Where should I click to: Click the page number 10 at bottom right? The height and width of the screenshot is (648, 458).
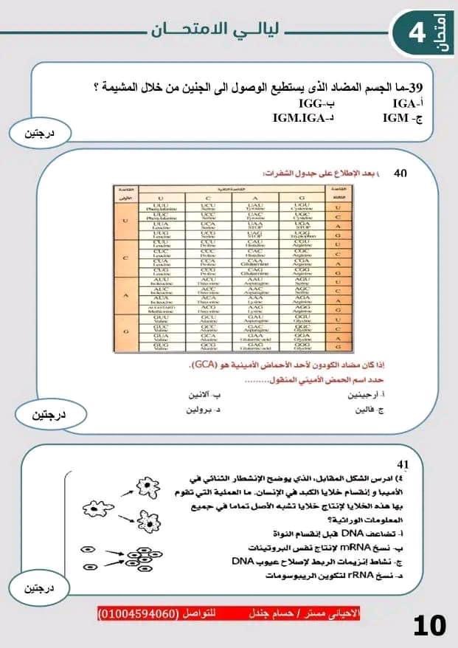429,626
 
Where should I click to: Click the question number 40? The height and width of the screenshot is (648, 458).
400,173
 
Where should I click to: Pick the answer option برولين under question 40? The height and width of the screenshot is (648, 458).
204,409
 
